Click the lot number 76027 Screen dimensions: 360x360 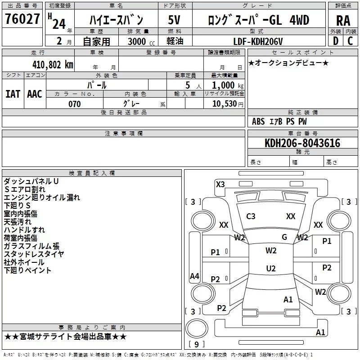click(22, 19)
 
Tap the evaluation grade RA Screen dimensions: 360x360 click(343, 21)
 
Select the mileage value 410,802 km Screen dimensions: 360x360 click(53, 65)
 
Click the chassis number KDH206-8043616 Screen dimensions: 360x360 click(302, 143)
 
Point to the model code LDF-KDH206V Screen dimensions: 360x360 click(258, 41)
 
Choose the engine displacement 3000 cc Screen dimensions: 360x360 click(141, 41)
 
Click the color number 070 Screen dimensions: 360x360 click(75, 104)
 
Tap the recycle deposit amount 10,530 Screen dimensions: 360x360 click(224, 104)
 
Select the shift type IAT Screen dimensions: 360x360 click(13, 94)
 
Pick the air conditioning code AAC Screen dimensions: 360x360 click(35, 94)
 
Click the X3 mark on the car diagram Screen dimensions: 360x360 click(220, 184)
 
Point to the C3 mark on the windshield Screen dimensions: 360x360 click(251, 216)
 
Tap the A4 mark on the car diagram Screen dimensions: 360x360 click(194, 276)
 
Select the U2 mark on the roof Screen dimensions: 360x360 click(271, 268)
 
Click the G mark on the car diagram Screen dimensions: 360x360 click(284, 237)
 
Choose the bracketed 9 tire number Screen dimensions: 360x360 click(196, 344)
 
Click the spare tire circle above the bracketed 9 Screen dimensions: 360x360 click(197, 328)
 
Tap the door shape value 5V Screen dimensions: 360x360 click(174, 20)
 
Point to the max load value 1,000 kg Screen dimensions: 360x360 click(228, 85)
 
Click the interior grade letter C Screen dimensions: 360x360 click(350, 41)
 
